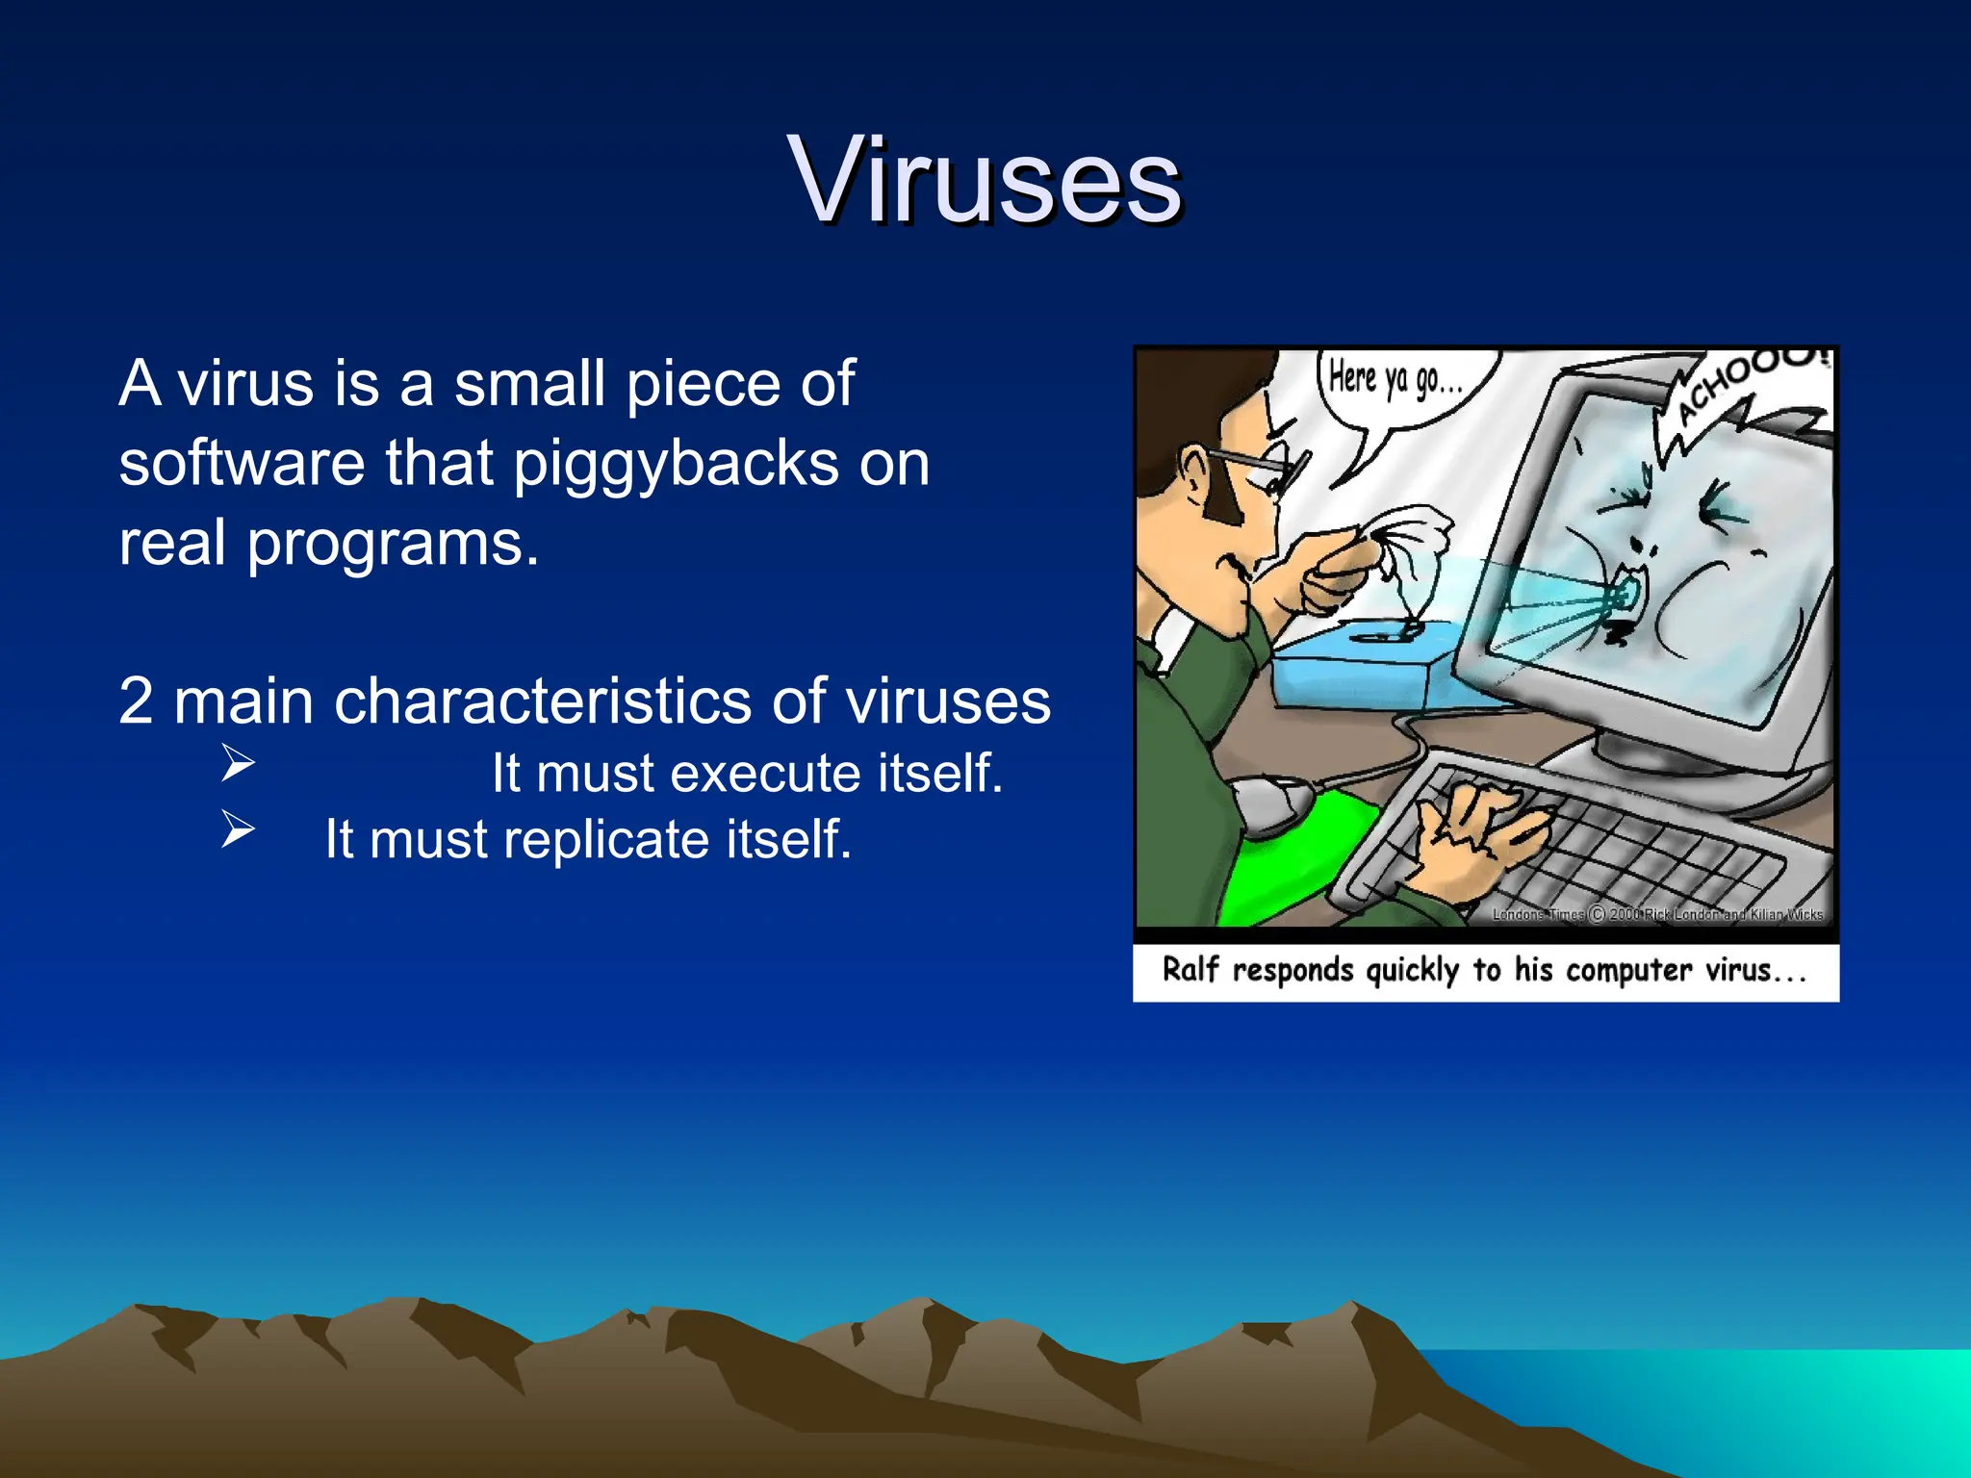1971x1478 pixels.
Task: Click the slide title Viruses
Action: [984, 181]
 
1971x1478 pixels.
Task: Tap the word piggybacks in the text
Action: [675, 463]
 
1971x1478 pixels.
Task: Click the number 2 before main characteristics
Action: [136, 701]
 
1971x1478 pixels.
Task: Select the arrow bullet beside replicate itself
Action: [237, 828]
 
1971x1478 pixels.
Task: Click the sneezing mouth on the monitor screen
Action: [1626, 597]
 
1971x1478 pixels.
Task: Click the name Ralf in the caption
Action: [1190, 969]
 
